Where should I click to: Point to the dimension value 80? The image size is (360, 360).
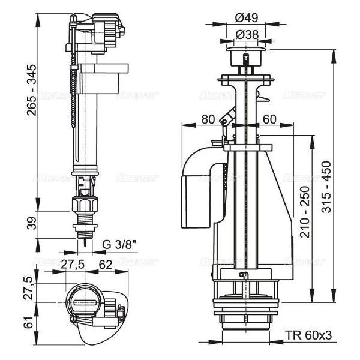pyautogui.click(x=208, y=119)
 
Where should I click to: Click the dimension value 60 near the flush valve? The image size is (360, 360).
pyautogui.click(x=269, y=119)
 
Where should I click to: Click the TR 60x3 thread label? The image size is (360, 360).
pyautogui.click(x=307, y=337)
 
